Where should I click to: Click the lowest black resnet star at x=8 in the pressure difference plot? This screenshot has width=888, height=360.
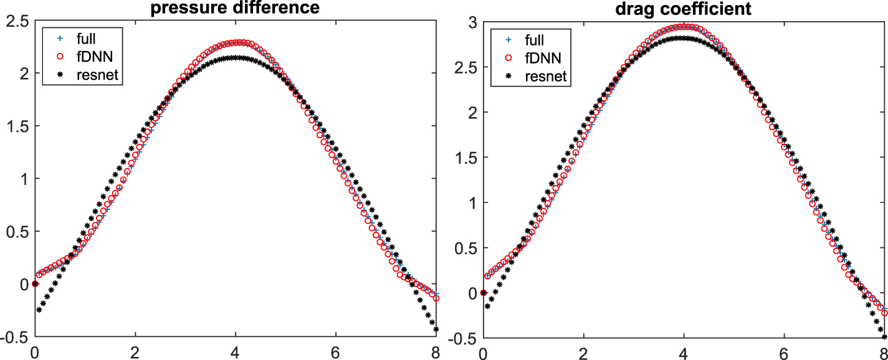pyautogui.click(x=436, y=329)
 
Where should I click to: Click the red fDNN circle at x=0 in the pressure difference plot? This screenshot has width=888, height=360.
pyautogui.click(x=35, y=283)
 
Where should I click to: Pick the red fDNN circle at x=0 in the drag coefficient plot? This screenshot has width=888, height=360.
pyautogui.click(x=484, y=292)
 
